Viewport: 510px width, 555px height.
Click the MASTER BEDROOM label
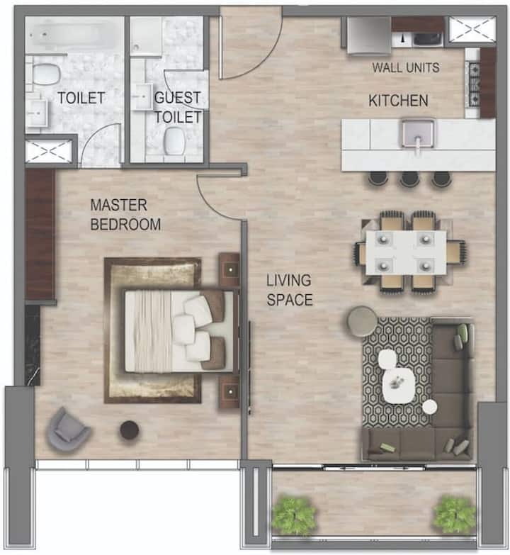click(x=125, y=215)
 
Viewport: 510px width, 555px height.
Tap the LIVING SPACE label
click(x=289, y=290)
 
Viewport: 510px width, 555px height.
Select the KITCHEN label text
click(x=398, y=101)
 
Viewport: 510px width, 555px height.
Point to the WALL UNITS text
click(x=406, y=67)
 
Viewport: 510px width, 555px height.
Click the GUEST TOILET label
click(x=178, y=107)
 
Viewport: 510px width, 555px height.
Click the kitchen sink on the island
click(x=418, y=133)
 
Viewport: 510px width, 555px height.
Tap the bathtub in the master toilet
click(x=74, y=34)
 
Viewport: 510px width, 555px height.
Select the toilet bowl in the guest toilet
click(x=175, y=140)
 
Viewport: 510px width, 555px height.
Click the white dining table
click(x=406, y=252)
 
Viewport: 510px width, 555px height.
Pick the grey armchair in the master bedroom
click(x=68, y=430)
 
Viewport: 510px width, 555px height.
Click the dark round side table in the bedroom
click(x=129, y=430)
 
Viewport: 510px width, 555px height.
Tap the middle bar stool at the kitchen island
click(x=409, y=178)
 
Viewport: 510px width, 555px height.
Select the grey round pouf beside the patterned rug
click(x=362, y=321)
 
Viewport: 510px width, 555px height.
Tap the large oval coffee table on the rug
click(x=399, y=386)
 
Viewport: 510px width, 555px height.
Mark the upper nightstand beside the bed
click(x=229, y=269)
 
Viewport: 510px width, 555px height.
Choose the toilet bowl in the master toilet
click(x=45, y=74)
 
